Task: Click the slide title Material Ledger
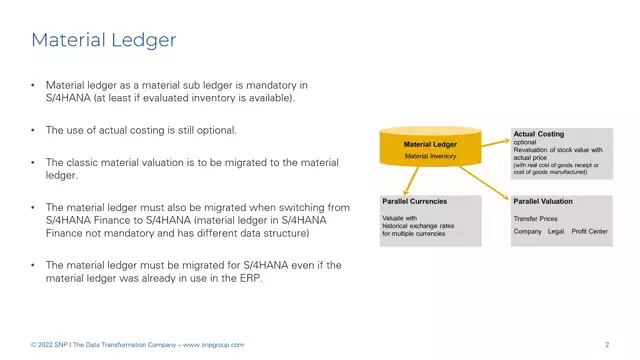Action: click(104, 40)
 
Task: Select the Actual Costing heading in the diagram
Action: click(538, 133)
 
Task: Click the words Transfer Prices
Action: click(536, 217)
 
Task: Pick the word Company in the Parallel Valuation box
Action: click(528, 231)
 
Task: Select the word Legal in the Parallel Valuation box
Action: click(556, 231)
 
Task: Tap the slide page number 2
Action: click(607, 345)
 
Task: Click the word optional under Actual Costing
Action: click(525, 142)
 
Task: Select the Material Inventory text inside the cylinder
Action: click(430, 156)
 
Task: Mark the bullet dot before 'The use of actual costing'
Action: click(33, 131)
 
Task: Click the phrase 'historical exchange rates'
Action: click(418, 225)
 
